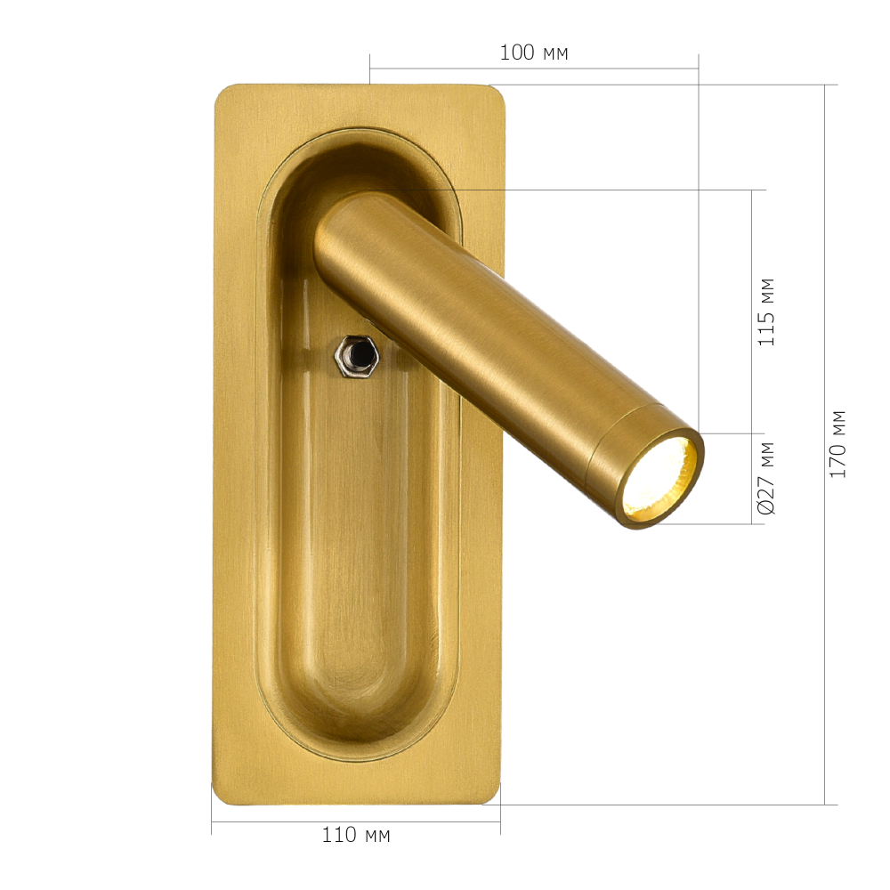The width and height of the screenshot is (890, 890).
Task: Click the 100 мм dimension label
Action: [533, 53]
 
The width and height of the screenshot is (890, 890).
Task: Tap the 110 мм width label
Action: [356, 835]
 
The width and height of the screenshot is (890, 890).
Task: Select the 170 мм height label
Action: [837, 444]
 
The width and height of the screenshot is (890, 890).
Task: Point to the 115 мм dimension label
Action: [765, 312]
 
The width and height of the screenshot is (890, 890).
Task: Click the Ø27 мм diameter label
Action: [765, 478]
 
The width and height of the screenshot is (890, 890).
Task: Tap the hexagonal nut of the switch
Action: [356, 356]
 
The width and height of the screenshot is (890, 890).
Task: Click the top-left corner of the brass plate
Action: [215, 86]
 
